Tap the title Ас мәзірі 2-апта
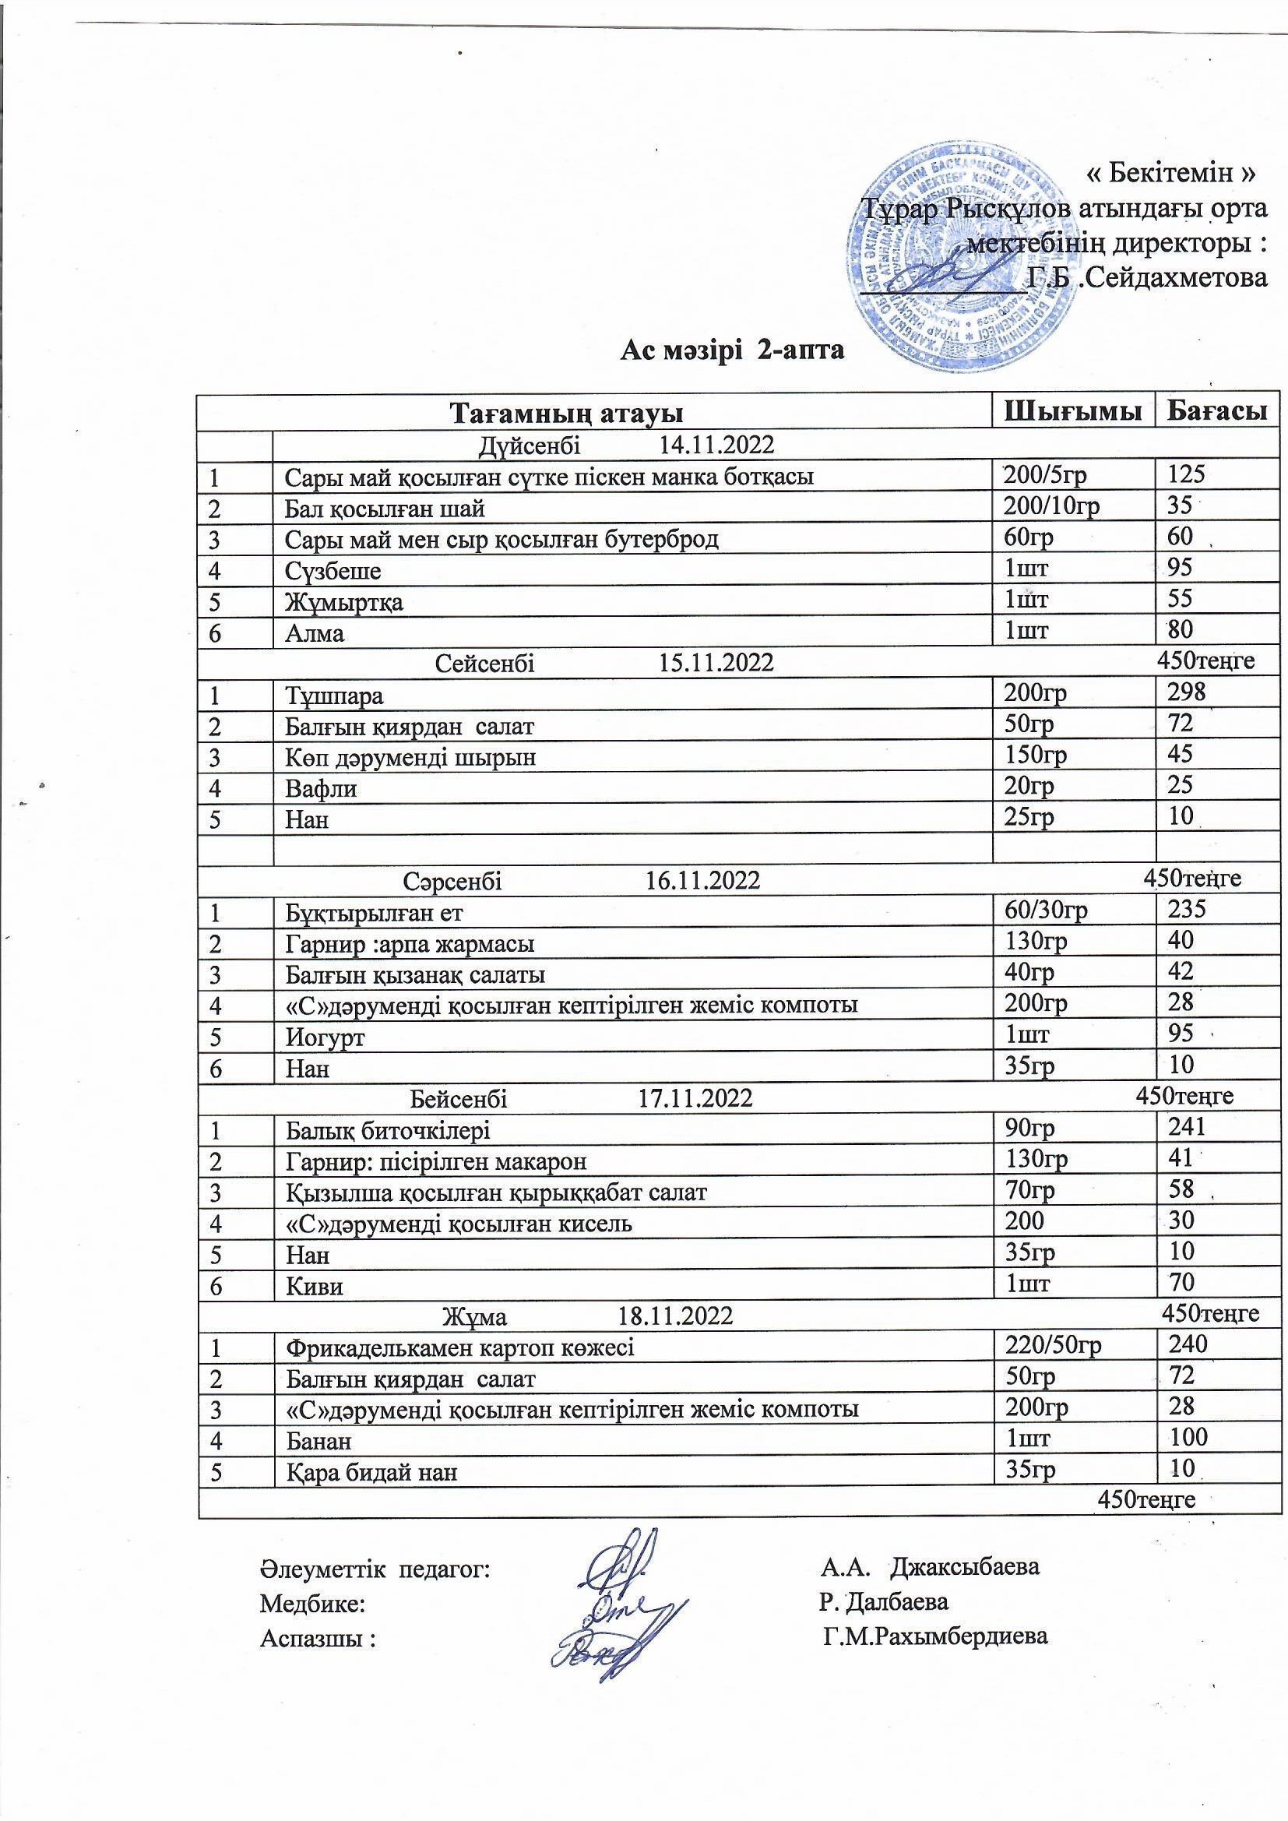coord(732,350)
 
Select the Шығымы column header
coord(1073,411)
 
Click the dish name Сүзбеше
coord(333,571)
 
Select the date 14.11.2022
coord(716,445)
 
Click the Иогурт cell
coord(326,1037)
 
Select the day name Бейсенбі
coord(459,1097)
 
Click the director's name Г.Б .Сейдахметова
coord(1147,277)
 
